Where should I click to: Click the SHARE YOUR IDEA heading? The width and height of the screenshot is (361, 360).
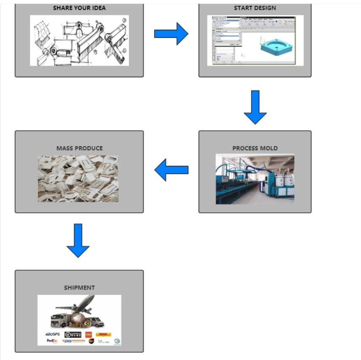pos(79,8)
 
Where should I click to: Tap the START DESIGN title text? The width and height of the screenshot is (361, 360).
pos(255,8)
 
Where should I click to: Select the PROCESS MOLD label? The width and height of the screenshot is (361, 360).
pos(255,148)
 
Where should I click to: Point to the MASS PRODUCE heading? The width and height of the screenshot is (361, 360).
pos(79,148)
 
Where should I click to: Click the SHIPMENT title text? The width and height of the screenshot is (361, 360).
pos(79,287)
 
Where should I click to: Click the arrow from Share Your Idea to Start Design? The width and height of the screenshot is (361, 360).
pos(171,34)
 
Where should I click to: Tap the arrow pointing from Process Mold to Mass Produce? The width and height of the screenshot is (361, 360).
pos(171,170)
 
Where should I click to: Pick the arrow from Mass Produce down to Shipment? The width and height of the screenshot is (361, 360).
pos(78,240)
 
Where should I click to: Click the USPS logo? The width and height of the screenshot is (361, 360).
pos(53,334)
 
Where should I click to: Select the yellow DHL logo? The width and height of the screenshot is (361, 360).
pos(103,334)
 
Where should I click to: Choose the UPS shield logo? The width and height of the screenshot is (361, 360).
pos(91,341)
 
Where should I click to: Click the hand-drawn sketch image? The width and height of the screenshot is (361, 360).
pos(79,41)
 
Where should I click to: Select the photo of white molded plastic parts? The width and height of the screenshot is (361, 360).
pos(78,179)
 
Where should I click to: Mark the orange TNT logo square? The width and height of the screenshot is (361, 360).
pos(88,334)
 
